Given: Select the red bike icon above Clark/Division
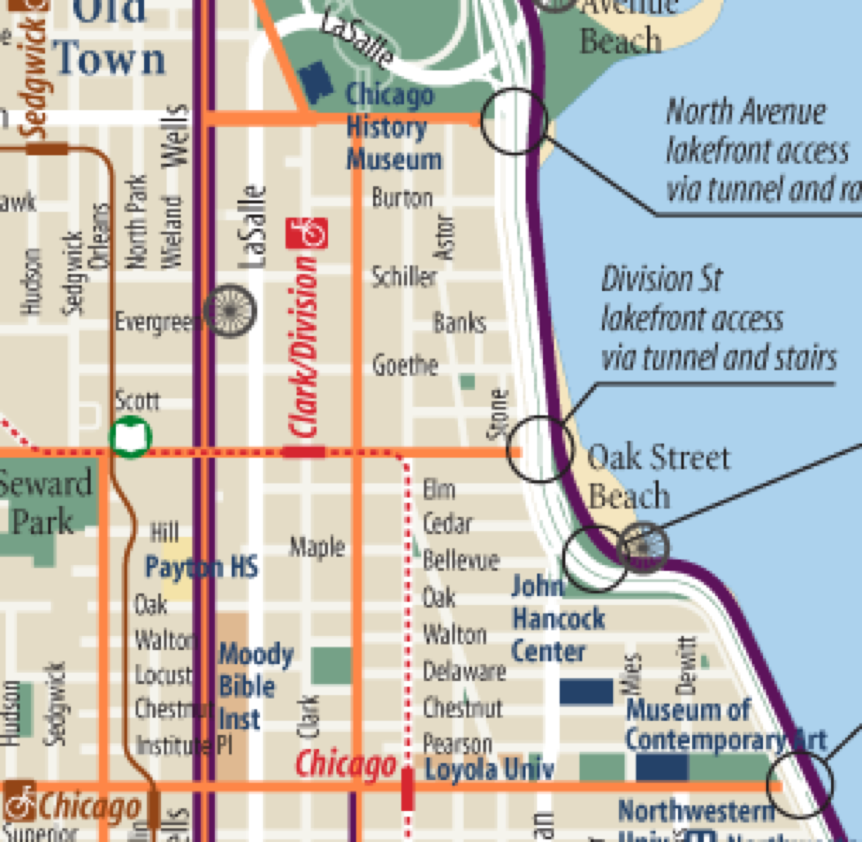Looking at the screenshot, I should (x=306, y=233).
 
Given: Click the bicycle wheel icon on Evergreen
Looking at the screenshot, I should (x=230, y=311).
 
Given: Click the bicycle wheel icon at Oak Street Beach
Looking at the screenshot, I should (x=644, y=547).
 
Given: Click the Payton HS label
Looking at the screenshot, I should (x=201, y=567).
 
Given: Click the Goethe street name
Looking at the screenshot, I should (x=405, y=365).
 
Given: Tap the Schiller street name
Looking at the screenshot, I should (x=404, y=276).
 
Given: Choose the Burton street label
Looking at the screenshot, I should (x=402, y=198).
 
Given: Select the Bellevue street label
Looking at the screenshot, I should (x=461, y=560).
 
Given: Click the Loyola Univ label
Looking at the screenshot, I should (x=490, y=769).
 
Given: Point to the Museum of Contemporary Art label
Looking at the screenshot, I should (x=724, y=725).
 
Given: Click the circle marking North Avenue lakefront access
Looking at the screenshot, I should (x=513, y=121).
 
